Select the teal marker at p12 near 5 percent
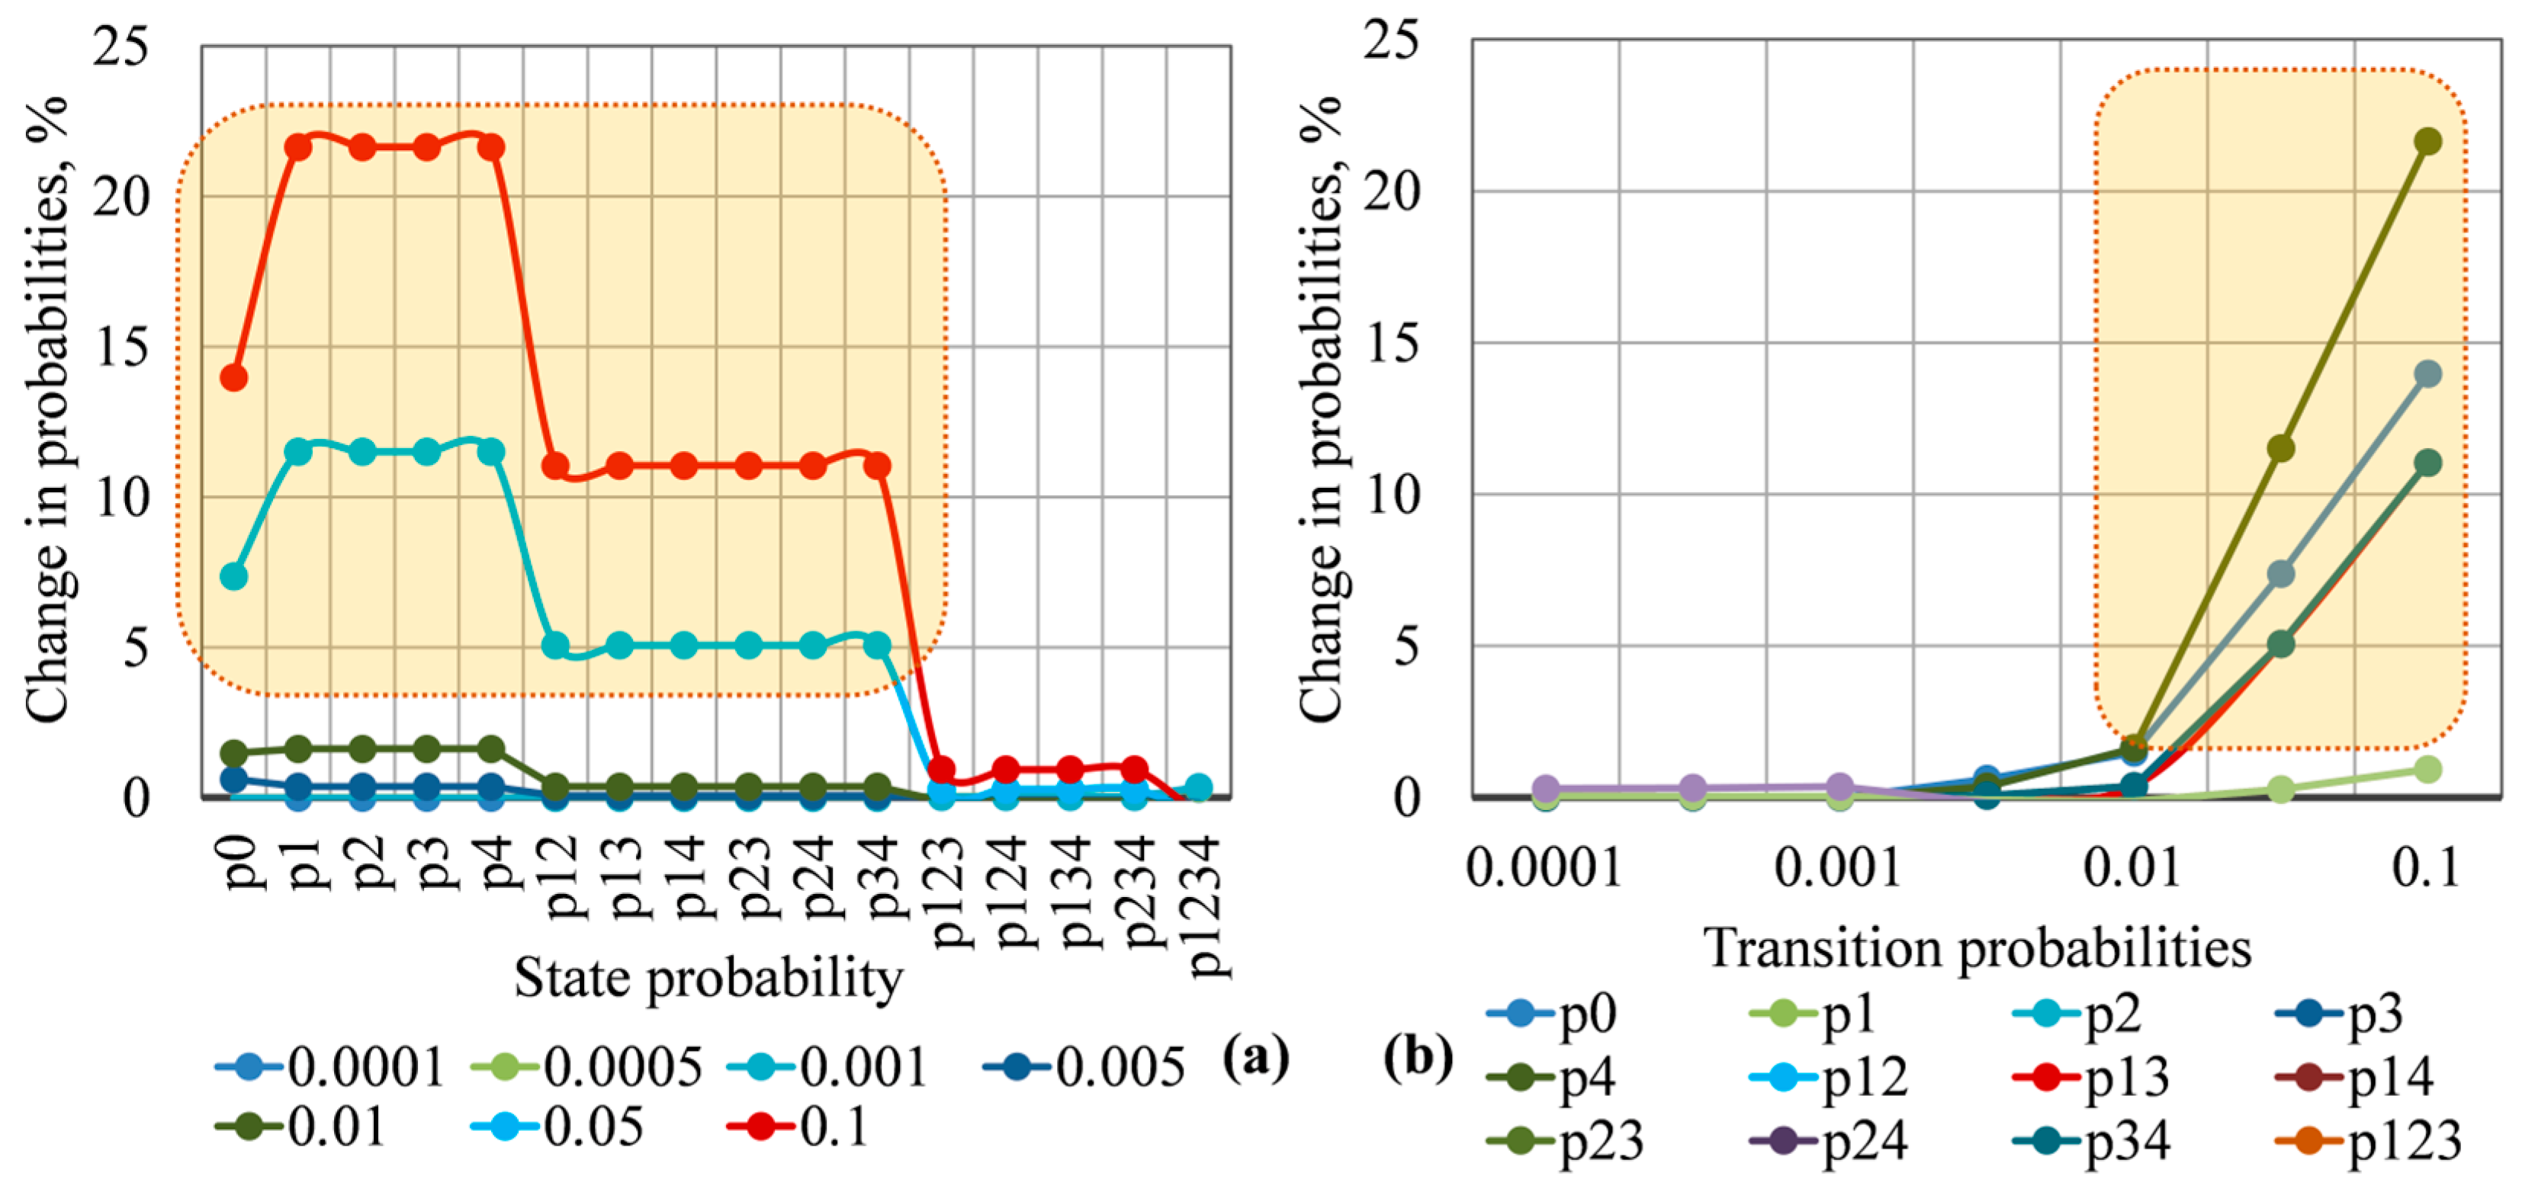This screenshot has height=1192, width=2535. coord(556,646)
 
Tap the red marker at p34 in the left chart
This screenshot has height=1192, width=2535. coord(877,465)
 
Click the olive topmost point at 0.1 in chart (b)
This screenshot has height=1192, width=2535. coord(2427,142)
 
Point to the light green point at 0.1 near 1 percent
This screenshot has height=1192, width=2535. coord(2427,768)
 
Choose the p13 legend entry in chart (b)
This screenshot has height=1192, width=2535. coord(2093,1078)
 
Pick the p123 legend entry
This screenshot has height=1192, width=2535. coord(2370,1141)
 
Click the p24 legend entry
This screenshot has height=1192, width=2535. coord(1830,1141)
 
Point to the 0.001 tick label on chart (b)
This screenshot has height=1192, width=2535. coord(1838,867)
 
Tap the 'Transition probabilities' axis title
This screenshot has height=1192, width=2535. coord(1978,948)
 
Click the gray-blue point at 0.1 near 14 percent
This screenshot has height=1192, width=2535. coord(2427,373)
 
